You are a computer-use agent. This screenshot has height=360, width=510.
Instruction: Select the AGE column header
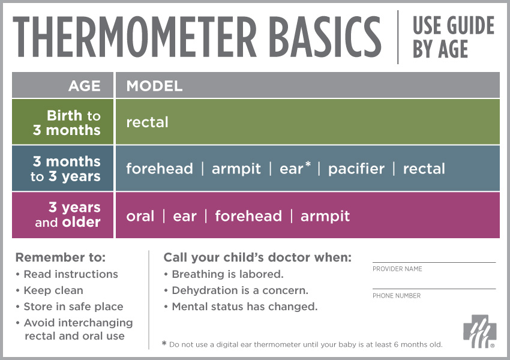[85, 86]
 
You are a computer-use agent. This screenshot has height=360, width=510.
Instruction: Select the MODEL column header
[154, 86]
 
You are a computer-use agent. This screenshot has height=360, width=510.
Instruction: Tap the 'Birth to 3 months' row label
[67, 123]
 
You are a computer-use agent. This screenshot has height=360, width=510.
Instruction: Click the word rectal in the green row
[147, 122]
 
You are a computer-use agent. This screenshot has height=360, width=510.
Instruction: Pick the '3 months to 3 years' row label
[67, 169]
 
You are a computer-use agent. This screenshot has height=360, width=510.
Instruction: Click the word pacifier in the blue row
[356, 169]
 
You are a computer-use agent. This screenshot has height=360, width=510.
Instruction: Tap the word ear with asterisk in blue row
[294, 169]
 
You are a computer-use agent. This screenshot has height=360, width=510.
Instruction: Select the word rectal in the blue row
[424, 169]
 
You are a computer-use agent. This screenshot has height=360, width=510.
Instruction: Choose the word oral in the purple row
[140, 216]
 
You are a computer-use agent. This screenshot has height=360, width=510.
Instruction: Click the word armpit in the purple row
[325, 216]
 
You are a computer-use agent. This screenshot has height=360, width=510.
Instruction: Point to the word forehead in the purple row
[248, 216]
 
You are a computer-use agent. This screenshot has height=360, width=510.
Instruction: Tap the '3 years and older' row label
[67, 215]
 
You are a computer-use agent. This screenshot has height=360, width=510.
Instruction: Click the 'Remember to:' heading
[60, 257]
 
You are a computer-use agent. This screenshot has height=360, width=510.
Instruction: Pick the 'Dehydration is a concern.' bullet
[239, 290]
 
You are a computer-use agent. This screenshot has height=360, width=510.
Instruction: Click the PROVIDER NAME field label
[397, 269]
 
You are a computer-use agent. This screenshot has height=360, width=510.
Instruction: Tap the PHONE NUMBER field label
[397, 296]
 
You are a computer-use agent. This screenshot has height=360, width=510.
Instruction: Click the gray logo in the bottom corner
[479, 331]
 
